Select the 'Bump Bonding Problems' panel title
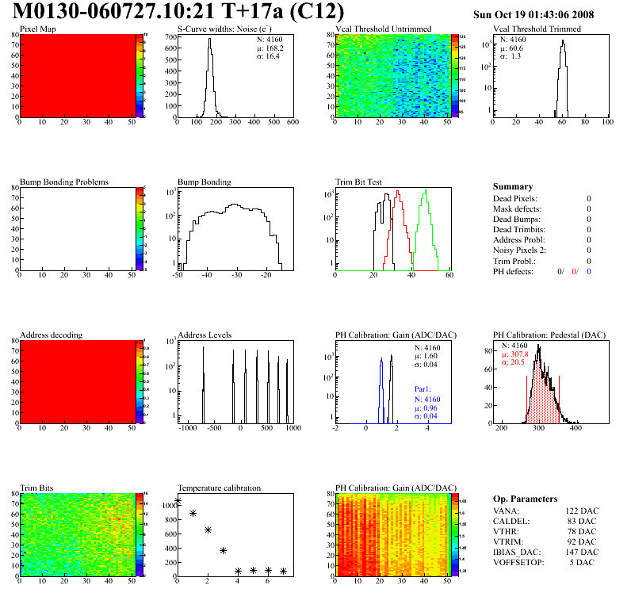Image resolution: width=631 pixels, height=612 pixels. click(x=64, y=182)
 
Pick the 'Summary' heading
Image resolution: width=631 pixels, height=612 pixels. click(x=513, y=186)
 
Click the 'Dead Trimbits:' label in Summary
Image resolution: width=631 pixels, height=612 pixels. click(x=519, y=229)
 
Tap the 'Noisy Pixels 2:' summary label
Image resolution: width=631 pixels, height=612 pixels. click(x=521, y=251)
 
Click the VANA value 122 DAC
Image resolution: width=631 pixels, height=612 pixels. click(x=583, y=511)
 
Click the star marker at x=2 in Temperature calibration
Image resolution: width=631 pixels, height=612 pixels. click(x=208, y=530)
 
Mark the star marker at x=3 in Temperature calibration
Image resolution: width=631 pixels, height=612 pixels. click(x=223, y=550)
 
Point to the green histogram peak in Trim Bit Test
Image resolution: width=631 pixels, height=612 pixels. click(x=426, y=191)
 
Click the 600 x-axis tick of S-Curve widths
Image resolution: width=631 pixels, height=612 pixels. click(x=293, y=122)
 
